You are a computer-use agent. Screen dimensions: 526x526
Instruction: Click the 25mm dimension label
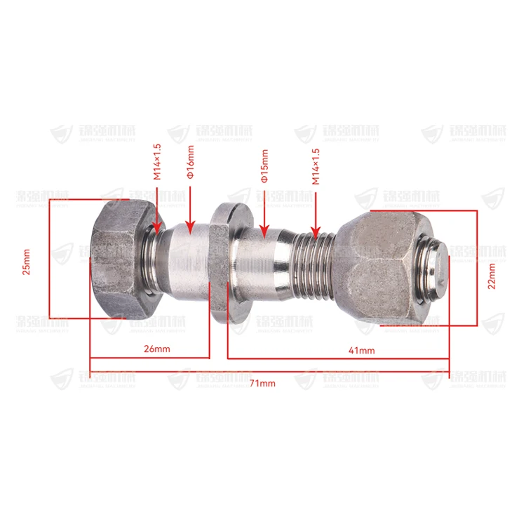click(x=27, y=261)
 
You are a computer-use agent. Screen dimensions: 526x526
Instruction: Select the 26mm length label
click(x=155, y=348)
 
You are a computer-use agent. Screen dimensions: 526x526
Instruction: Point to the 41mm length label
click(x=361, y=349)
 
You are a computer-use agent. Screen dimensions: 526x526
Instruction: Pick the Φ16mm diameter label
click(x=190, y=164)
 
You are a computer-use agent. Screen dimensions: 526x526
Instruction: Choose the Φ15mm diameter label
click(x=264, y=167)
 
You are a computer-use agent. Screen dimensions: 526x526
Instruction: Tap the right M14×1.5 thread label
click(x=316, y=166)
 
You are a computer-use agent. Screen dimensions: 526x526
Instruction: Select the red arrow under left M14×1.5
click(x=157, y=210)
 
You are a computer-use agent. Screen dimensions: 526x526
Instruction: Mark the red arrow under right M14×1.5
click(x=316, y=213)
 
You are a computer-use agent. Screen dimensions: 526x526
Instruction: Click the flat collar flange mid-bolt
click(x=220, y=263)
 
